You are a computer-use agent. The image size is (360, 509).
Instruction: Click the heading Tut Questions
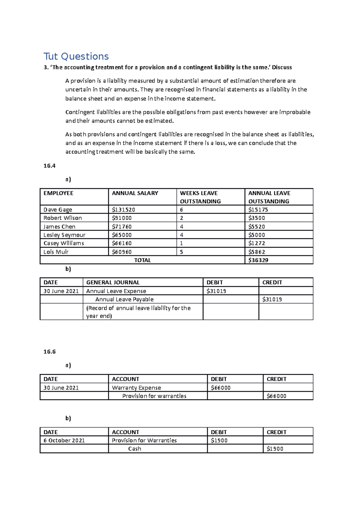coord(76,56)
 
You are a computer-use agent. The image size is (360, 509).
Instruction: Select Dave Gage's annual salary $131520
coord(123,210)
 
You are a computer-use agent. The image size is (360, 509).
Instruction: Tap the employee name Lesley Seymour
coord(64,235)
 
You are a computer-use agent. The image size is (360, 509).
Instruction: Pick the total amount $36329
coord(258,260)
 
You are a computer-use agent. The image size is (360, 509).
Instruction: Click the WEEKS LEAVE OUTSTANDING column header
coord(200,197)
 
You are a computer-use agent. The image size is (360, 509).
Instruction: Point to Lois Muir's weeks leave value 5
coord(181,252)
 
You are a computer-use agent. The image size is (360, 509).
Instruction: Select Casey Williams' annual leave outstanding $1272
coord(256,243)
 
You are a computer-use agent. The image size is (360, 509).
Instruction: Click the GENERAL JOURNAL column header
coord(113,282)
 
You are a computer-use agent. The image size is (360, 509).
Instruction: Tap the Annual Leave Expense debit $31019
coord(216,291)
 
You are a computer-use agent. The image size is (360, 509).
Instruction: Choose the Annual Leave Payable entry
coord(124,299)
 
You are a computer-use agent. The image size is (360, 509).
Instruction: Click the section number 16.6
coord(49,352)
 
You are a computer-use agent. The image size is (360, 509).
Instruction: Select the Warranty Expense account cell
coord(136,388)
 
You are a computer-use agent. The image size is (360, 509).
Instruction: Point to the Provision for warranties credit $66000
coord(276,396)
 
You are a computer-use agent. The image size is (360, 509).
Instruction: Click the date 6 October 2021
coord(64,440)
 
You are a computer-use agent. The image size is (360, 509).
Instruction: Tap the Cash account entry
coord(134,449)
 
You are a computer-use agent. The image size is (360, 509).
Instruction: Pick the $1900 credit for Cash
coord(274,449)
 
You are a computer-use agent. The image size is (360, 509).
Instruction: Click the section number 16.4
coord(49,166)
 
